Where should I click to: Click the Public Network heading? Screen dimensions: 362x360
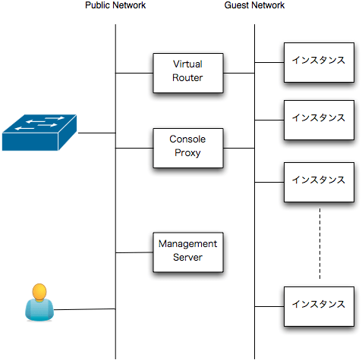[115, 5]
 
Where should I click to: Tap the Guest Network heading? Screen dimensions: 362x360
[254, 5]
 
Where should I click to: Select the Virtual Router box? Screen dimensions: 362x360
[188, 73]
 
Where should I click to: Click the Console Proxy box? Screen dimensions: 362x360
[188, 148]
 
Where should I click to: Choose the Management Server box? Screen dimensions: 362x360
[188, 252]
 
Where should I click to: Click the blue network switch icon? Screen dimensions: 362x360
[39, 133]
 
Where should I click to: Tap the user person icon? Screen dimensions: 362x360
[39, 302]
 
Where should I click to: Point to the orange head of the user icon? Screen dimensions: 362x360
[39, 292]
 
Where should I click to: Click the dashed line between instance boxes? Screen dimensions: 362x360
[320, 244]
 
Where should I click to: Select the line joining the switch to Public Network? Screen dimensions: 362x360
[97, 133]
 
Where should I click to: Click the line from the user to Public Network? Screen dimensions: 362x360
[84, 309]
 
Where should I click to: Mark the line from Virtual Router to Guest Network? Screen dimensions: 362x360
[239, 73]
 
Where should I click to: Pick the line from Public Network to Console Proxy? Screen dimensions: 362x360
[134, 148]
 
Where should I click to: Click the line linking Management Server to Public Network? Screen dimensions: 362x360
[134, 252]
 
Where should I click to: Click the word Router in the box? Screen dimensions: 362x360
[187, 78]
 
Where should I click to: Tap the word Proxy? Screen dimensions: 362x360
[187, 153]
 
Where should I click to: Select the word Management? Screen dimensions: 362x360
[187, 244]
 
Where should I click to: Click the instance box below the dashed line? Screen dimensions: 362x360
[319, 306]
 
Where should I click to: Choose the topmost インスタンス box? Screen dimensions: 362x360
[319, 62]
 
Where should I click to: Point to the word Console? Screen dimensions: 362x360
[187, 139]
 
